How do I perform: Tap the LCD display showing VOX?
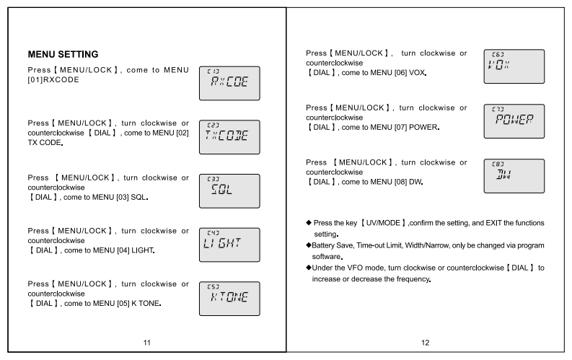tap(514, 66)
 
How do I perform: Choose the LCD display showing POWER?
tap(514, 120)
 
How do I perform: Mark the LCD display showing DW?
tap(514, 175)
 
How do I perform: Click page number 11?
tap(147, 342)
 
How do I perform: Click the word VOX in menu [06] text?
tap(413, 74)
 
